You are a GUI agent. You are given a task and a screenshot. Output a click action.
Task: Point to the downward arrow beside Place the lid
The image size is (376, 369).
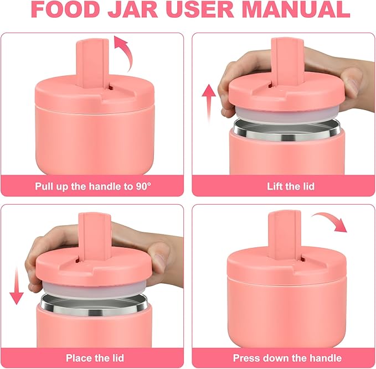pos(17,283)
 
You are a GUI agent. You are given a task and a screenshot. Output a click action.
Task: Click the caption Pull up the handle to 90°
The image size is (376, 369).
pos(92,186)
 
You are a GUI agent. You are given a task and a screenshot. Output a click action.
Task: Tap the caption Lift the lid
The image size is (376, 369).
pos(283,186)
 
